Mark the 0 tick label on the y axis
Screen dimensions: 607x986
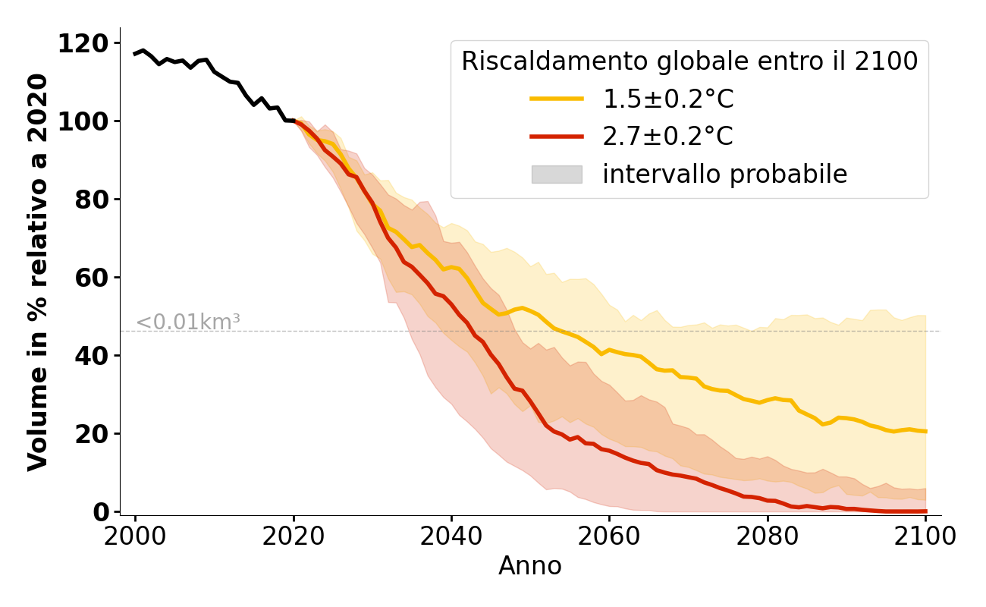coord(102,512)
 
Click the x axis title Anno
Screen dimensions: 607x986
coord(530,566)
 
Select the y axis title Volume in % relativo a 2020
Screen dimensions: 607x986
coord(38,272)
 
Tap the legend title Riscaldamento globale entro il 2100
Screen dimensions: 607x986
coord(689,61)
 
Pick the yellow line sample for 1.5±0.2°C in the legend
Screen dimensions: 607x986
coord(557,99)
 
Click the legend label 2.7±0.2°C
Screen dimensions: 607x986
coord(667,137)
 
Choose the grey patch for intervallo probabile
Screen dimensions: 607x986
coord(557,175)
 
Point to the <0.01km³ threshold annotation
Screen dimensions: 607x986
coord(188,322)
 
